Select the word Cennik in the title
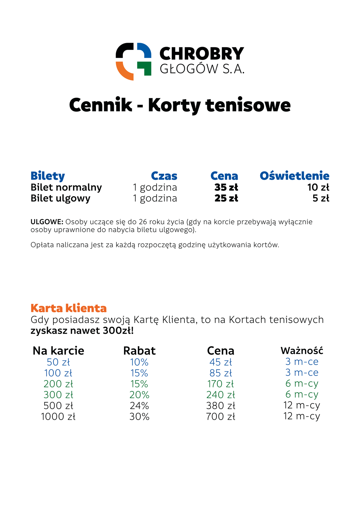point(100,105)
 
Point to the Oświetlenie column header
point(294,176)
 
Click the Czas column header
point(164,176)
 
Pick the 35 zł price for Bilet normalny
point(226,187)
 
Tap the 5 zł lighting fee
point(321,198)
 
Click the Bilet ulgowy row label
point(60,198)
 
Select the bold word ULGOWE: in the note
point(47,222)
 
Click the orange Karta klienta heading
point(69,308)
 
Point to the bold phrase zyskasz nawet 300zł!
point(82,331)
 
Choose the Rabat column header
point(139,351)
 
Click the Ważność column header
point(302,351)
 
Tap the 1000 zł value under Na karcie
point(58,416)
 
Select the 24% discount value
point(139,406)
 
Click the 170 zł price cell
point(220,384)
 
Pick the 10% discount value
point(139,362)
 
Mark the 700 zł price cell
point(220,416)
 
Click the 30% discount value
point(139,416)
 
